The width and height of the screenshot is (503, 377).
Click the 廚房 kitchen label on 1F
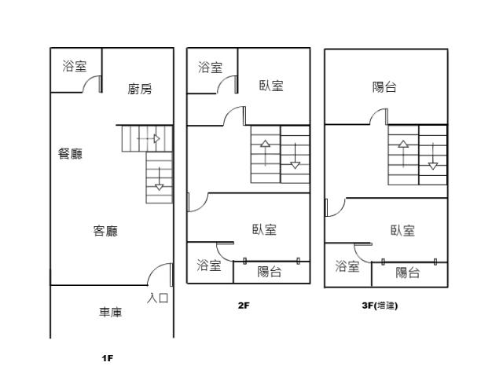[140, 90]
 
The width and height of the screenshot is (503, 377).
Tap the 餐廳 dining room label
[70, 154]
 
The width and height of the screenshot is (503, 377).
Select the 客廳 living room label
[105, 231]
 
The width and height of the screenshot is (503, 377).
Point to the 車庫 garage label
[110, 313]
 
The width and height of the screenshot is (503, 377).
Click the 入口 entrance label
[158, 298]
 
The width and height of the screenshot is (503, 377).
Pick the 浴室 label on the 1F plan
[75, 66]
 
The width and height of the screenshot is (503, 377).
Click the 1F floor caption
[108, 358]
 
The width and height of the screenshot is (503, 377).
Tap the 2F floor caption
[244, 306]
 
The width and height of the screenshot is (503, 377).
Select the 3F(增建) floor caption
[374, 306]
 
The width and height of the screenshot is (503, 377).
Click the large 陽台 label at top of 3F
[384, 87]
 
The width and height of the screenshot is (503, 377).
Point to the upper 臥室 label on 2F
[271, 86]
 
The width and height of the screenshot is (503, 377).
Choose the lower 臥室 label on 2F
[264, 229]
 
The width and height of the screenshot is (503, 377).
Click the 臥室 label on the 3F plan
[402, 230]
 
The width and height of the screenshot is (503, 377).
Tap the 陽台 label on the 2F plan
[270, 272]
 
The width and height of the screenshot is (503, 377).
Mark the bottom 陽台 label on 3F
[407, 273]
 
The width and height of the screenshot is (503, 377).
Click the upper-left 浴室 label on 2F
[210, 68]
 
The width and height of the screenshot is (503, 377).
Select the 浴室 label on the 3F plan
[347, 267]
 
